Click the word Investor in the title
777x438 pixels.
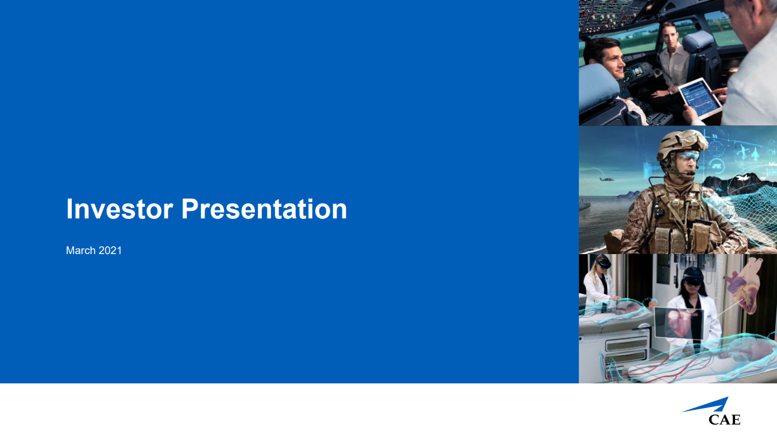tap(119, 209)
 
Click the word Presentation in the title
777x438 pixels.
tap(264, 209)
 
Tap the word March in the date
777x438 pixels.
tap(81, 251)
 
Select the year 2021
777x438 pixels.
tap(110, 251)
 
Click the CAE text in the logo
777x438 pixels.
tap(724, 420)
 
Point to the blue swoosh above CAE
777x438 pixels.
tap(708, 406)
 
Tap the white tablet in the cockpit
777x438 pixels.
tap(700, 98)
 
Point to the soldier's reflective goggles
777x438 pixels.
tap(687, 156)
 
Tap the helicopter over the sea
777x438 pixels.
tap(606, 179)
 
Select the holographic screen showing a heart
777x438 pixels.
tap(679, 323)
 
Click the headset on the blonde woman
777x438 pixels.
tap(603, 262)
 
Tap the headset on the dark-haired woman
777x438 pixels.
tap(694, 277)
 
